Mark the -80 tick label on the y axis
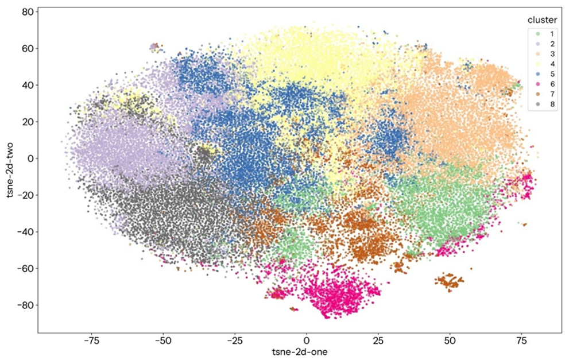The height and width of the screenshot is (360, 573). click(x=24, y=304)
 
